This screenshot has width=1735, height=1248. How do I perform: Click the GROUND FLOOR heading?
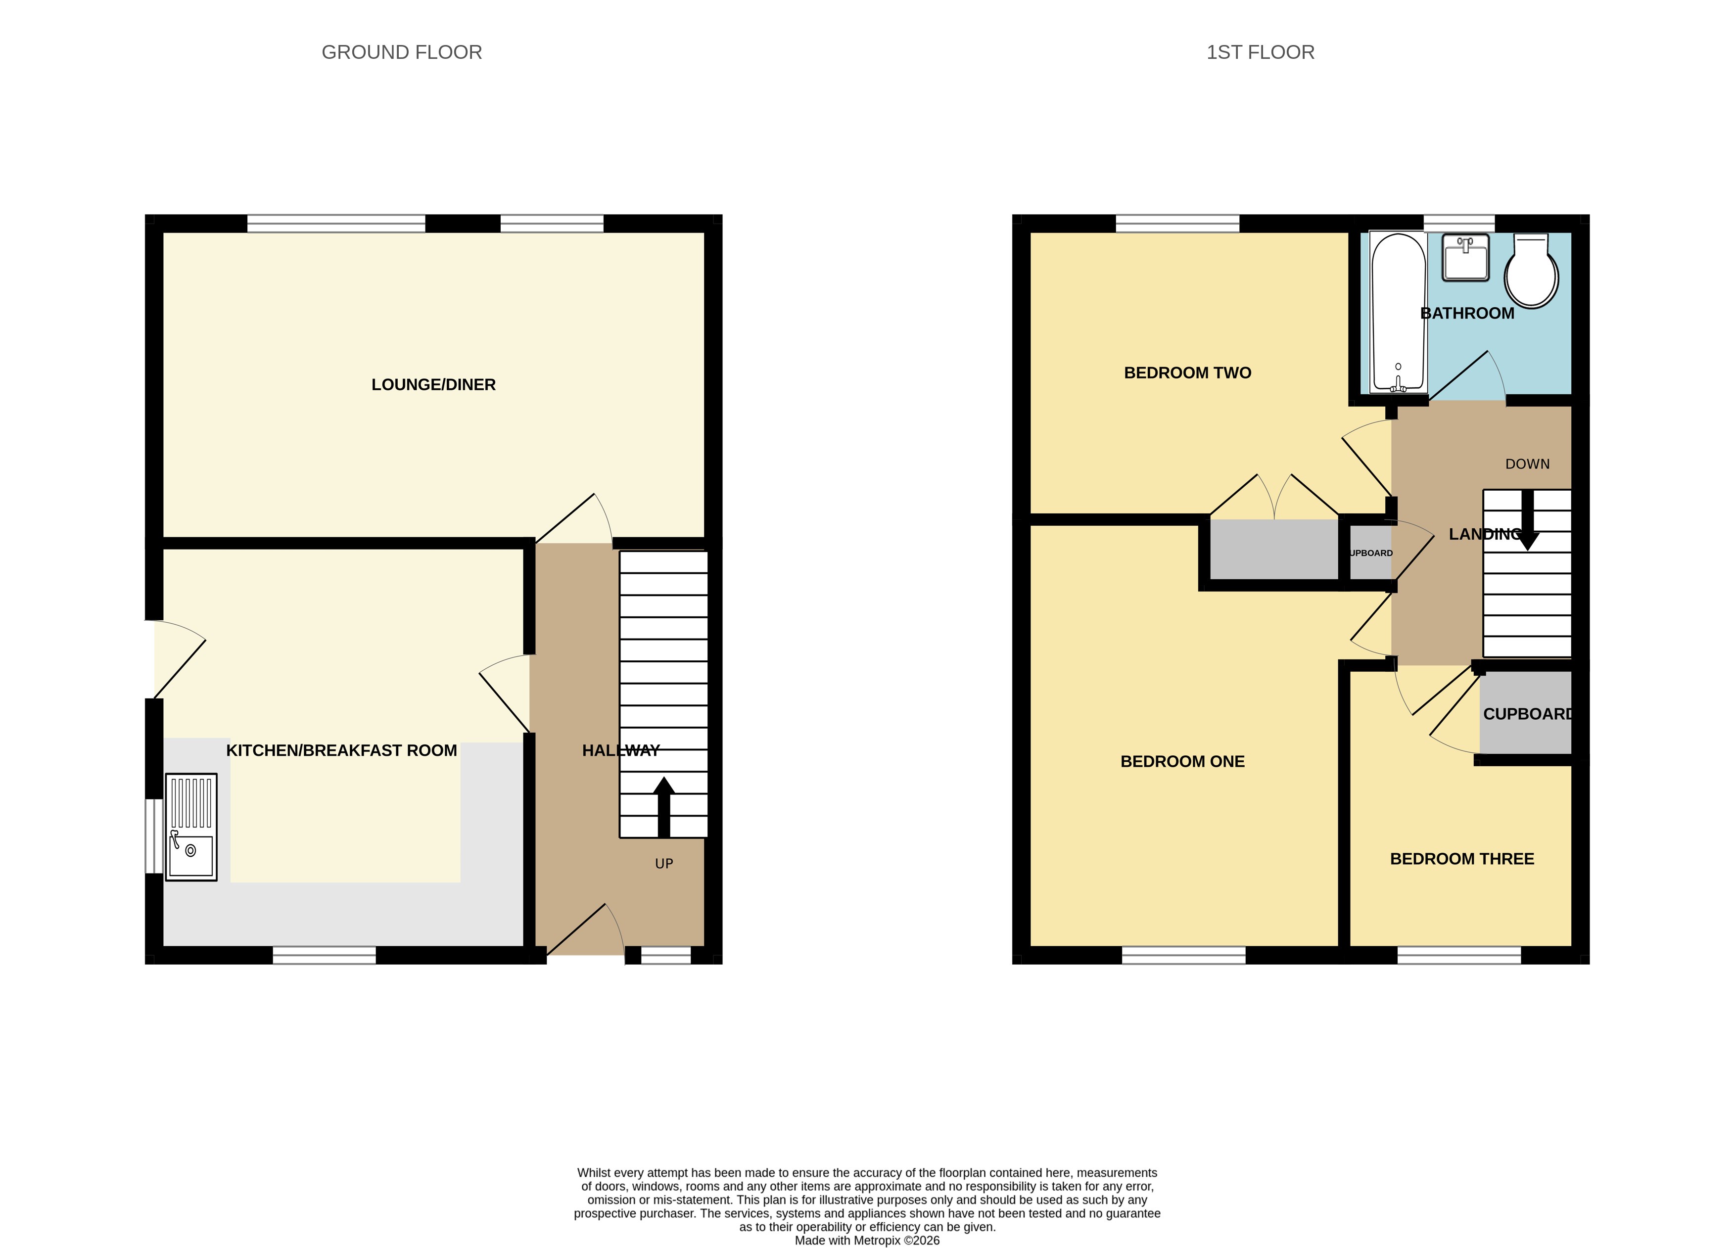pyautogui.click(x=402, y=52)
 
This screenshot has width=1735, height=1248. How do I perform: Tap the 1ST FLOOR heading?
pyautogui.click(x=1260, y=52)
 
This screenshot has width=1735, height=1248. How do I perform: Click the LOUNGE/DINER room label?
pyautogui.click(x=433, y=385)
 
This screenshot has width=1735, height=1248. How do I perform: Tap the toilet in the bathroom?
pyautogui.click(x=1531, y=272)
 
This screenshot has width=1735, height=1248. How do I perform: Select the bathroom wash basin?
pyautogui.click(x=1465, y=258)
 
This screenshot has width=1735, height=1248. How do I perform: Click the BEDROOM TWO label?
pyautogui.click(x=1187, y=373)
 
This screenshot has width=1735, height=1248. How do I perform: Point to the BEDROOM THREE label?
pyautogui.click(x=1461, y=859)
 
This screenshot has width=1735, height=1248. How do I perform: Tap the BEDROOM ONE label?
pyautogui.click(x=1182, y=762)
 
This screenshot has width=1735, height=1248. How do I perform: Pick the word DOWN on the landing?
pyautogui.click(x=1527, y=464)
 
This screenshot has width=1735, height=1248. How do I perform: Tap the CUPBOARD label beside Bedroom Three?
pyautogui.click(x=1526, y=714)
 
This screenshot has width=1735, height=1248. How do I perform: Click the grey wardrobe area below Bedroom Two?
pyautogui.click(x=1274, y=549)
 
